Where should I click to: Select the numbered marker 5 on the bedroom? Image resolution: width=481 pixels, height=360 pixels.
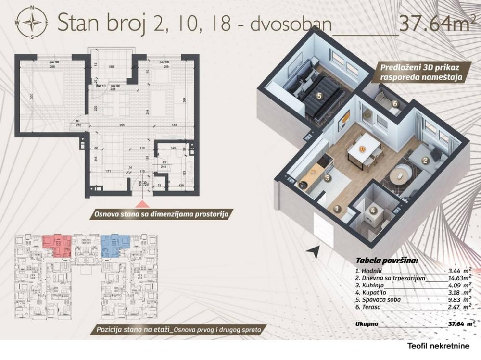(x=319, y=96)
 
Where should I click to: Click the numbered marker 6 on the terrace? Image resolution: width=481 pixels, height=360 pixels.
(x=394, y=103)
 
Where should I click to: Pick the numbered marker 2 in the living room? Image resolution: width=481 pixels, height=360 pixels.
(x=425, y=161)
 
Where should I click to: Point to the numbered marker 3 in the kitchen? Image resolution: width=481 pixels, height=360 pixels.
(x=327, y=178)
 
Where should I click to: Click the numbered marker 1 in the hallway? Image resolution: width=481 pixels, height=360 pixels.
(x=337, y=209)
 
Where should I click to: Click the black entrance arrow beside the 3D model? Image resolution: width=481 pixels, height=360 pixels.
(x=313, y=250)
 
